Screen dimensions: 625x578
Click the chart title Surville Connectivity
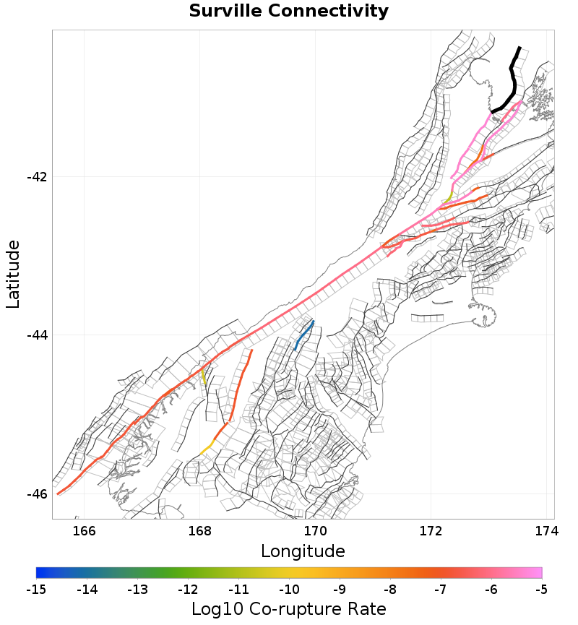point(289,12)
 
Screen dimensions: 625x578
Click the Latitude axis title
point(14,275)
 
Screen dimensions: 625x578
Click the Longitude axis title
point(303,551)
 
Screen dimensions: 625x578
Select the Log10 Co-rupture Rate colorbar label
point(289,608)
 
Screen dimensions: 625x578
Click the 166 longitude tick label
point(85,531)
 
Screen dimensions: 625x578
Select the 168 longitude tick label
point(200,531)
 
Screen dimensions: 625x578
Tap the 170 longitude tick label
point(316,531)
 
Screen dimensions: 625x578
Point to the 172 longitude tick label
point(431,531)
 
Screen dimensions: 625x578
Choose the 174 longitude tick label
point(546,531)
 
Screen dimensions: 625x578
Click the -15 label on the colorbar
point(36,590)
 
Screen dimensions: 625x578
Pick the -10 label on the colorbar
point(289,590)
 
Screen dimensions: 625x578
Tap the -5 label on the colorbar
point(541,590)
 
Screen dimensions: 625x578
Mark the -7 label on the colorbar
point(440,590)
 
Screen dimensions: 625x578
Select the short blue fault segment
point(304,335)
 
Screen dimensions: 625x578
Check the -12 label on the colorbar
point(188,590)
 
